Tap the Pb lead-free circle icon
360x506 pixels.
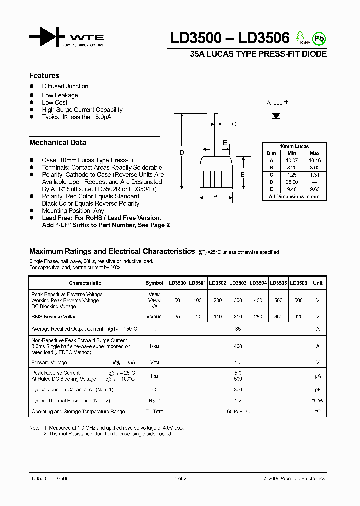[317, 38]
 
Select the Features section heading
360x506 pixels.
[44, 76]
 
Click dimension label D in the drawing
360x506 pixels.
[182, 152]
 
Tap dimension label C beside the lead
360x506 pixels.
[234, 124]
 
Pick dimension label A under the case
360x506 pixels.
[216, 197]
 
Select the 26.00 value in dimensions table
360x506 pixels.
[292, 182]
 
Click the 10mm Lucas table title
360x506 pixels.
[294, 146]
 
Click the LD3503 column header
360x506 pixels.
[238, 283]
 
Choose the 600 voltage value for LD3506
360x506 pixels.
[298, 300]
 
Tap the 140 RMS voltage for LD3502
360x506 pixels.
[217, 317]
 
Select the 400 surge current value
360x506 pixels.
[238, 346]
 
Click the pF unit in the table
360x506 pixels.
[317, 390]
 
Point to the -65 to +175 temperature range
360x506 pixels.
[238, 412]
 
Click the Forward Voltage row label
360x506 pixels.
[49, 363]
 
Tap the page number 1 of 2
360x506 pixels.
[180, 479]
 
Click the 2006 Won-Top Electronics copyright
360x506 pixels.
[294, 479]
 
